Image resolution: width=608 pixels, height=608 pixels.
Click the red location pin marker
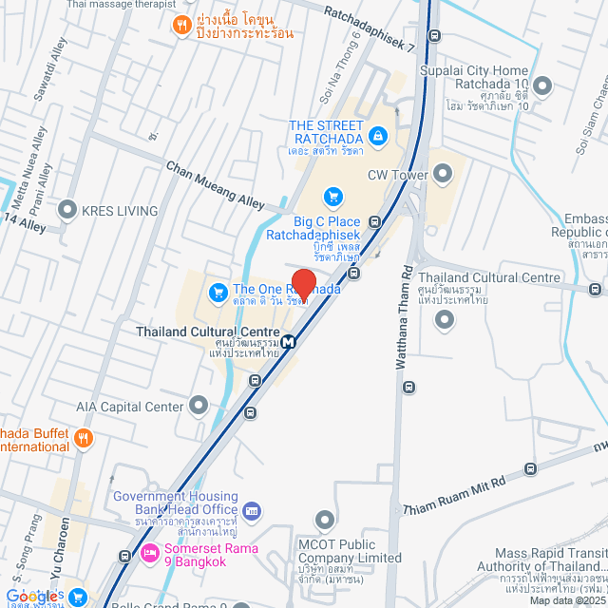tap(303, 284)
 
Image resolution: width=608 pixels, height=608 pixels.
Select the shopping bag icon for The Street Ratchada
tap(378, 137)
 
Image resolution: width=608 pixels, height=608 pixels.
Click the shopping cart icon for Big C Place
tap(332, 197)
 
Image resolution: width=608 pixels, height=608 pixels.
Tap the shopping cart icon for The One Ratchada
tap(218, 290)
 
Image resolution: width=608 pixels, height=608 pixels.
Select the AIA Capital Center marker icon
tap(199, 407)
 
